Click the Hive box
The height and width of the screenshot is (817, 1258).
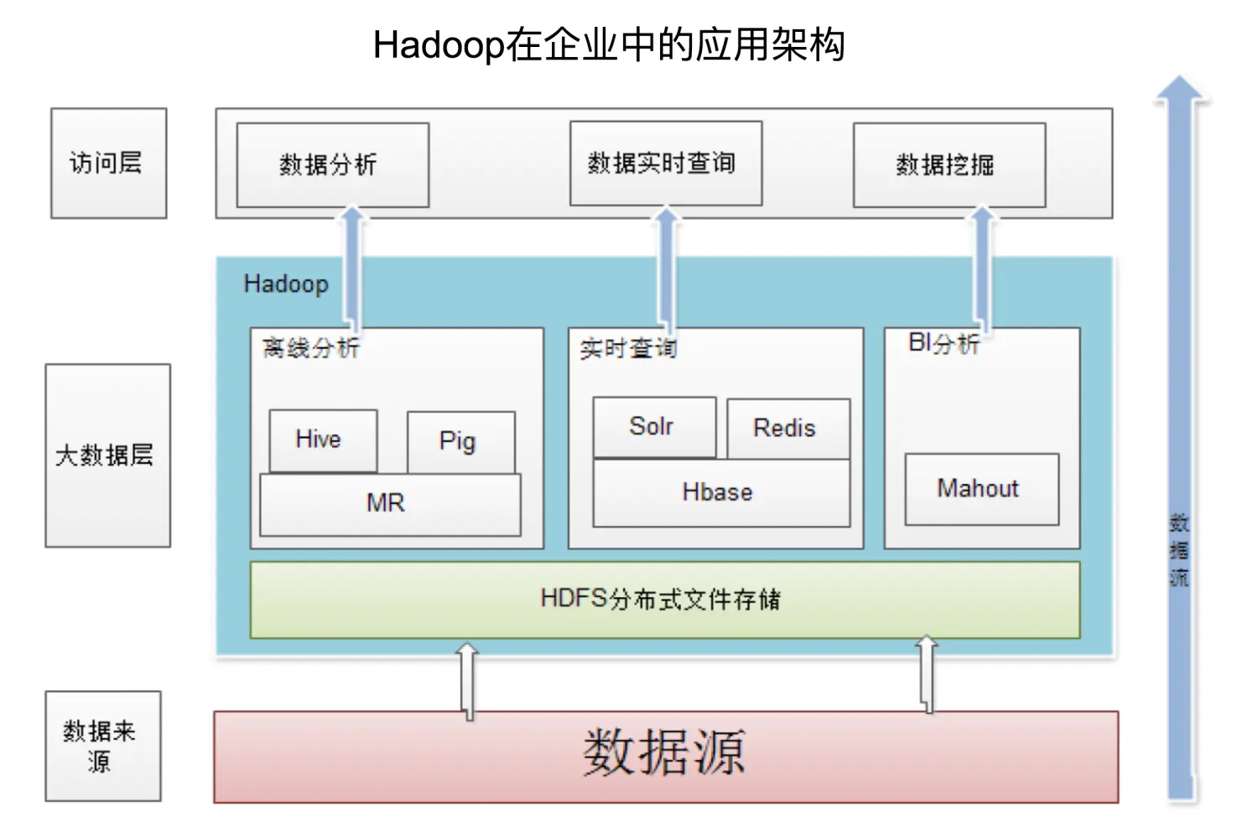click(323, 440)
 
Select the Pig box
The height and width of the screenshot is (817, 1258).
click(460, 441)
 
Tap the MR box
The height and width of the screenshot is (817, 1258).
click(390, 504)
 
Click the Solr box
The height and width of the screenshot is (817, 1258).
click(654, 427)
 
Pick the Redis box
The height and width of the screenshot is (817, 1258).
click(788, 429)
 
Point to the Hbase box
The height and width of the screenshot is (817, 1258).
click(720, 493)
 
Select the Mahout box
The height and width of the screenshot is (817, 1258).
click(981, 489)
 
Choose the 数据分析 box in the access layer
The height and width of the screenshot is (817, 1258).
click(332, 164)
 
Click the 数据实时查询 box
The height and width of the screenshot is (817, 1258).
click(665, 163)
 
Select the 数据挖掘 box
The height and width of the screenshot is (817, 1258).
click(949, 164)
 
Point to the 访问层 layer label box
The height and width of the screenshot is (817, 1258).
click(108, 163)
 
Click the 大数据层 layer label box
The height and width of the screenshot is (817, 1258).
click(107, 455)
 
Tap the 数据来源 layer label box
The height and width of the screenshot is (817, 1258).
click(102, 746)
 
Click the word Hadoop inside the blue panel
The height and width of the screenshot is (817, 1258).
click(286, 284)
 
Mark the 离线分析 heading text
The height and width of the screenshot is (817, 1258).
click(311, 348)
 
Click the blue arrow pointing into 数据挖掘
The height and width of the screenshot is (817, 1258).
click(982, 268)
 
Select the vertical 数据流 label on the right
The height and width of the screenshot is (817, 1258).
click(1179, 550)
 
